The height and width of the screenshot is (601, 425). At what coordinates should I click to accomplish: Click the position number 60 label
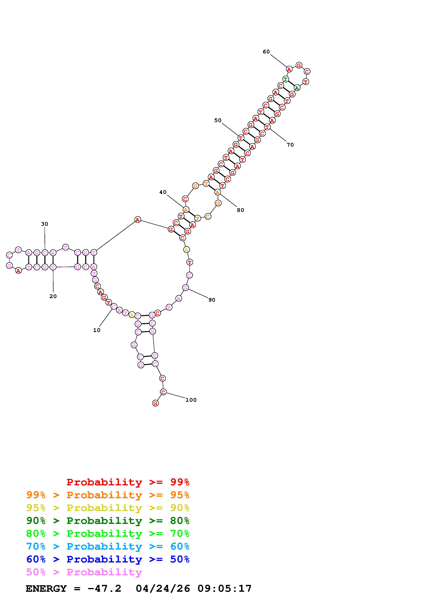click(x=266, y=52)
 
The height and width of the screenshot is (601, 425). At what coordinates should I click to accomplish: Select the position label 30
click(x=45, y=224)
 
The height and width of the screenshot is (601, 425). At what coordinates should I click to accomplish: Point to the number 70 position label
click(x=290, y=145)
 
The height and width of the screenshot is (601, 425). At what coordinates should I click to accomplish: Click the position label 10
click(x=97, y=330)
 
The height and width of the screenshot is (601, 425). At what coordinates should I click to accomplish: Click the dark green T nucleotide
click(x=285, y=79)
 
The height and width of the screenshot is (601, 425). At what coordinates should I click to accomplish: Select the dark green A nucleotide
click(x=297, y=88)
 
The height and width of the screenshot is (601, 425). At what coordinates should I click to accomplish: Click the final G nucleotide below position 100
click(x=155, y=403)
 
